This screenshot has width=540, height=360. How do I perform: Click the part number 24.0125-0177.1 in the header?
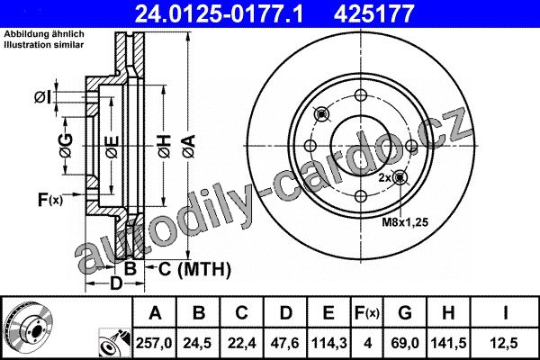pos(219,13)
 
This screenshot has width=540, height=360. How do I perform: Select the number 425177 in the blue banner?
pos(373,13)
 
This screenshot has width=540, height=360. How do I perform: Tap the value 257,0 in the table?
pos(154,343)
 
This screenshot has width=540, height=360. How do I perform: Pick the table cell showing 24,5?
pos(197,343)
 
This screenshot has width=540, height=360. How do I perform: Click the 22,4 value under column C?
pos(242,343)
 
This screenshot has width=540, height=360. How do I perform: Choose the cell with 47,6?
pos(285,343)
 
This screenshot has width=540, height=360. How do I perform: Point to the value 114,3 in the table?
pos(329,343)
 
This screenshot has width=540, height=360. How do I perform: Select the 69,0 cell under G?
pos(405,343)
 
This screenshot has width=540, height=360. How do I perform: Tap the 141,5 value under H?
pos(448,343)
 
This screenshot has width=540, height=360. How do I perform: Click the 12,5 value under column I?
pos(505,343)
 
